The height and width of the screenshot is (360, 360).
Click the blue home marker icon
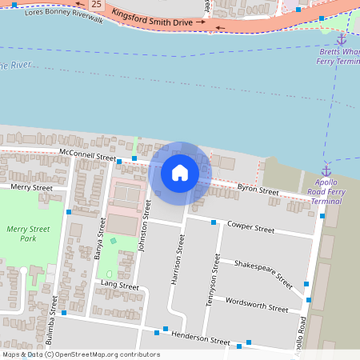(180, 172)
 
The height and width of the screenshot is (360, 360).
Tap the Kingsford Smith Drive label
(152, 17)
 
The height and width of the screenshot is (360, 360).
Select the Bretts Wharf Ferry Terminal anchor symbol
(340, 38)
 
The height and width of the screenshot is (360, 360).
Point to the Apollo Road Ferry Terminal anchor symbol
(326, 170)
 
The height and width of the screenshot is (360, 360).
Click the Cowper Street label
(251, 227)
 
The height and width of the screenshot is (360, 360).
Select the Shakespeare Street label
(263, 272)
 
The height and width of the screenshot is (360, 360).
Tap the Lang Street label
(120, 286)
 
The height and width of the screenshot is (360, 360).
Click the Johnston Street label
(146, 227)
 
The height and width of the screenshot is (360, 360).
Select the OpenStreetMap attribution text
(81, 354)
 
